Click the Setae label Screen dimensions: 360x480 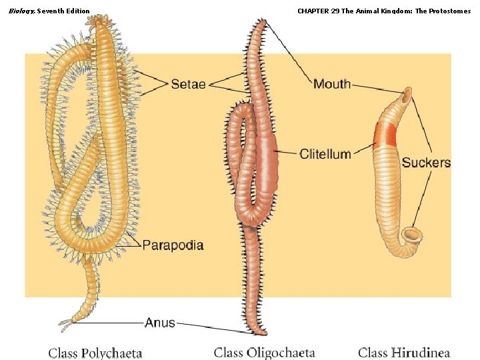[189, 84]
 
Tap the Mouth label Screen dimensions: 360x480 [332, 84]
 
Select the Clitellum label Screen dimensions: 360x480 [325, 154]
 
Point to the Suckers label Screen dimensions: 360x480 [426, 163]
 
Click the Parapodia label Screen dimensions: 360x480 [173, 245]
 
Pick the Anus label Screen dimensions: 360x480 [160, 323]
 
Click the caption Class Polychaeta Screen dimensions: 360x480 [95, 353]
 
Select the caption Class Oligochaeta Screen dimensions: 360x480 [265, 353]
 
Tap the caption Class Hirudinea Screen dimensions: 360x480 [404, 353]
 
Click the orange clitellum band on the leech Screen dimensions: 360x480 [385, 135]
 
